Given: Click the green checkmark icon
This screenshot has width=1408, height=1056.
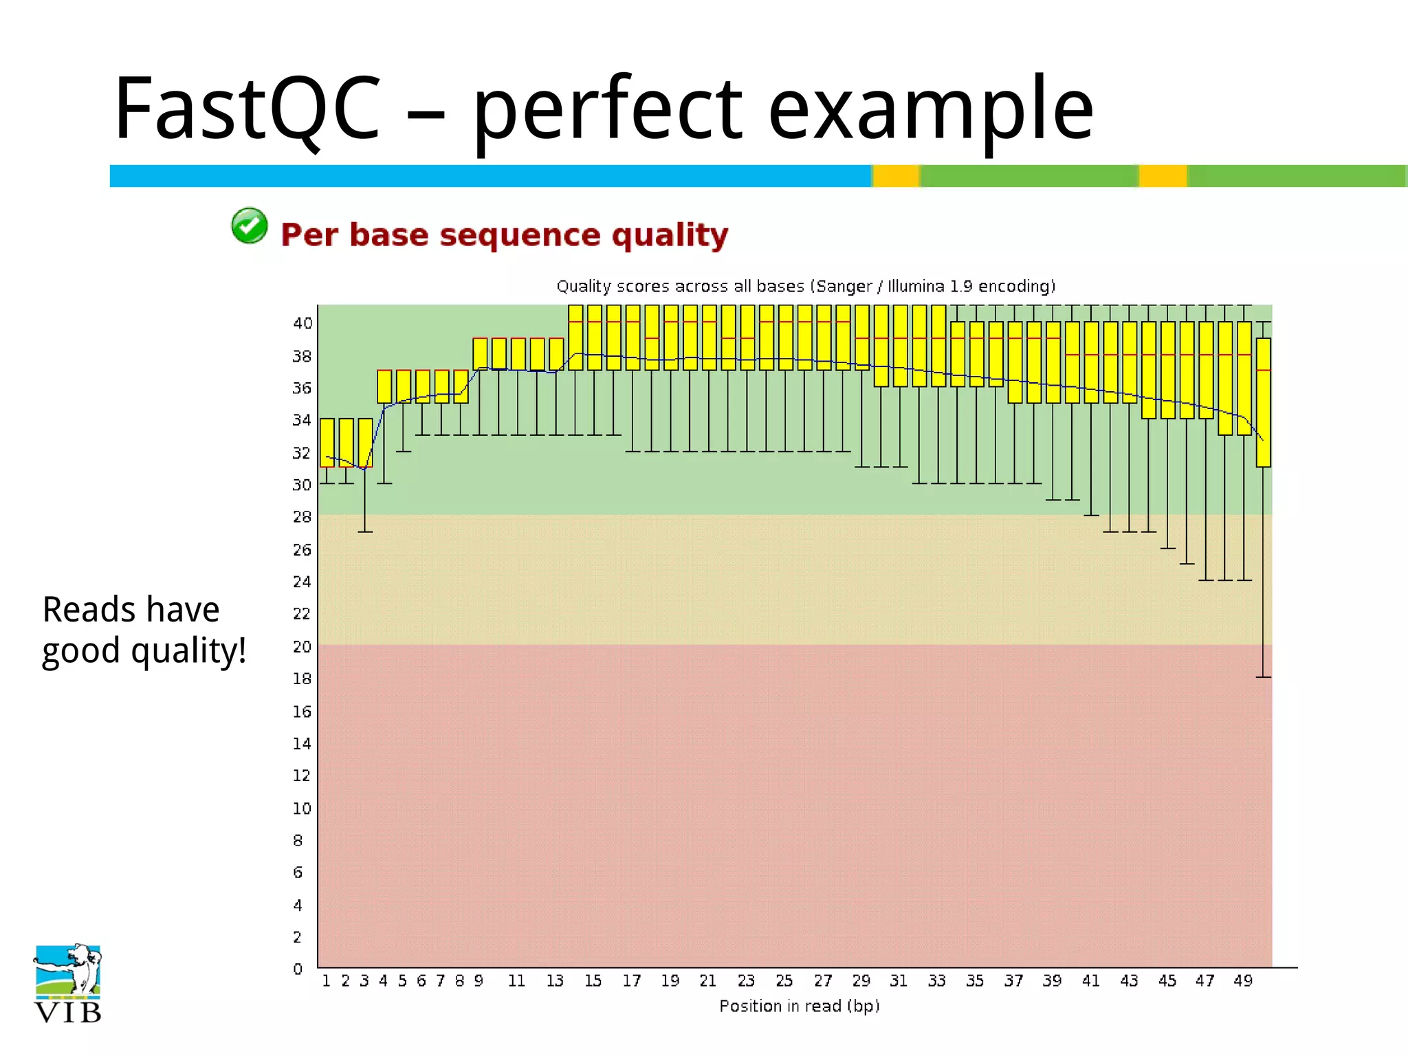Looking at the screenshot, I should pyautogui.click(x=249, y=226).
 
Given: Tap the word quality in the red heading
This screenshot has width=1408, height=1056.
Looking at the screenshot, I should pyautogui.click(x=670, y=235).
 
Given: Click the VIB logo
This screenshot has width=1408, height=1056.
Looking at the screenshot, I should pyautogui.click(x=67, y=984).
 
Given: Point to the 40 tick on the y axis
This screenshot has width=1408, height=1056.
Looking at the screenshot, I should pyautogui.click(x=302, y=323).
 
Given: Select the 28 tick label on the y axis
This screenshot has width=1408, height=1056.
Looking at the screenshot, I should pyautogui.click(x=302, y=517).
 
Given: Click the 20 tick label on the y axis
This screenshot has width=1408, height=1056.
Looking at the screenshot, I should pyautogui.click(x=302, y=647).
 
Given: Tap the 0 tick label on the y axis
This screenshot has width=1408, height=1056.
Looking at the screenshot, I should pyautogui.click(x=298, y=969).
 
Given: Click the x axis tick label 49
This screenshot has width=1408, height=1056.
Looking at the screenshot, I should pyautogui.click(x=1243, y=981).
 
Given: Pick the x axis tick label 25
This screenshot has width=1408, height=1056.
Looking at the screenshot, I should pyautogui.click(x=784, y=981).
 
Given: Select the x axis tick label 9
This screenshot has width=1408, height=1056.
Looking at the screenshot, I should pyautogui.click(x=478, y=981).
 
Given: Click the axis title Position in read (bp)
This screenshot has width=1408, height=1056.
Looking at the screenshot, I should pyautogui.click(x=800, y=1006).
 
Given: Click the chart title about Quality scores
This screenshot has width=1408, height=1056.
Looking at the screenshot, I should pyautogui.click(x=806, y=286).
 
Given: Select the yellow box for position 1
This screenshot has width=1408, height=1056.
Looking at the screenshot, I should pyautogui.click(x=327, y=443).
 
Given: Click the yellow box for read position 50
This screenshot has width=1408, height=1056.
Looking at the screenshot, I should pyautogui.click(x=1264, y=402).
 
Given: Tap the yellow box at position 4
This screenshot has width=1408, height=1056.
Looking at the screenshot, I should pyautogui.click(x=384, y=386).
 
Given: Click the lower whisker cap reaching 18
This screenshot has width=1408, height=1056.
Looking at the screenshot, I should pyautogui.click(x=1264, y=677).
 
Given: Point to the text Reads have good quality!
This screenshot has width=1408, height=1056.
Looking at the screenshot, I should pyautogui.click(x=144, y=630).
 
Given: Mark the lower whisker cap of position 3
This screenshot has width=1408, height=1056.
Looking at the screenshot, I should pyautogui.click(x=365, y=532).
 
